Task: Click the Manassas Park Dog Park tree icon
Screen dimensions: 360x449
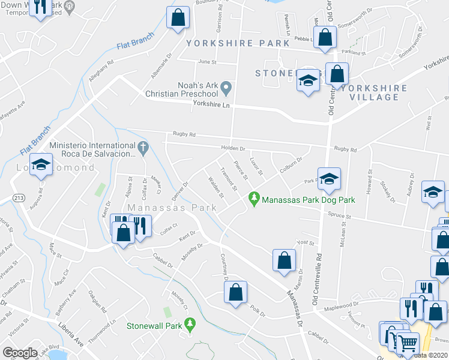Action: pyautogui.click(x=255, y=197)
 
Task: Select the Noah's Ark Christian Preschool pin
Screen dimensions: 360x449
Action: pyautogui.click(x=226, y=88)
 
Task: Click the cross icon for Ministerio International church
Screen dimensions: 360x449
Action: pyautogui.click(x=143, y=147)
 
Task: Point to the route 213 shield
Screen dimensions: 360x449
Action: pyautogui.click(x=16, y=198)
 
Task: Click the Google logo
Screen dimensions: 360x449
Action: pyautogui.click(x=20, y=353)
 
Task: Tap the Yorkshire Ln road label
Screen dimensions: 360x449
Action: pyautogui.click(x=211, y=104)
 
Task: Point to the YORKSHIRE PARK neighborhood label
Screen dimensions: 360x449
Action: pyautogui.click(x=229, y=44)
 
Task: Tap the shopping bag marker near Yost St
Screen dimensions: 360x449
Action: pyautogui.click(x=284, y=260)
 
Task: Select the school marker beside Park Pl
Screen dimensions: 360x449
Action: pyautogui.click(x=329, y=178)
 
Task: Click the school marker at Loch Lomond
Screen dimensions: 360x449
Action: pyautogui.click(x=41, y=165)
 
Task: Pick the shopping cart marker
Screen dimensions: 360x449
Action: pyautogui.click(x=408, y=343)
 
